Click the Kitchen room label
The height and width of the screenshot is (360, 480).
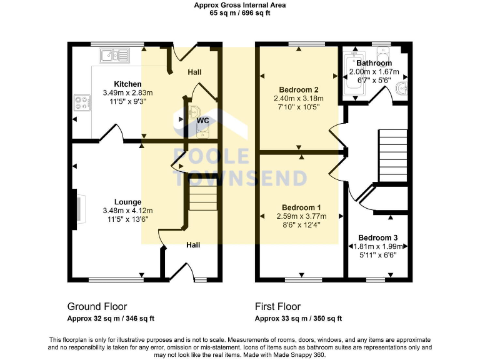127,84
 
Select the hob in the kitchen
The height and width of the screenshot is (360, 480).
82,102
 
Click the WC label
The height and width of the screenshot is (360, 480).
202,120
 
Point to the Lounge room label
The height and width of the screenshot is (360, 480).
127,202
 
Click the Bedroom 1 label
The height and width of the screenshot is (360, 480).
301,207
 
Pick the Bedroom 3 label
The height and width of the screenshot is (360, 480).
377,237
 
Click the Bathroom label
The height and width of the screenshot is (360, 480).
374,63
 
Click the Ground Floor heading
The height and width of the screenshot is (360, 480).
97,306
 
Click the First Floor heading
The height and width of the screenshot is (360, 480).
277,306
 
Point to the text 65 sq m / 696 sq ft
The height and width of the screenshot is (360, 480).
240,12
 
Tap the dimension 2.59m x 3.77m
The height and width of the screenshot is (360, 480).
301,216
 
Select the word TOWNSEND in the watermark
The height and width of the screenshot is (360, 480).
240,178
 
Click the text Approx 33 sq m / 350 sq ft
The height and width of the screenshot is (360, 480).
298,318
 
